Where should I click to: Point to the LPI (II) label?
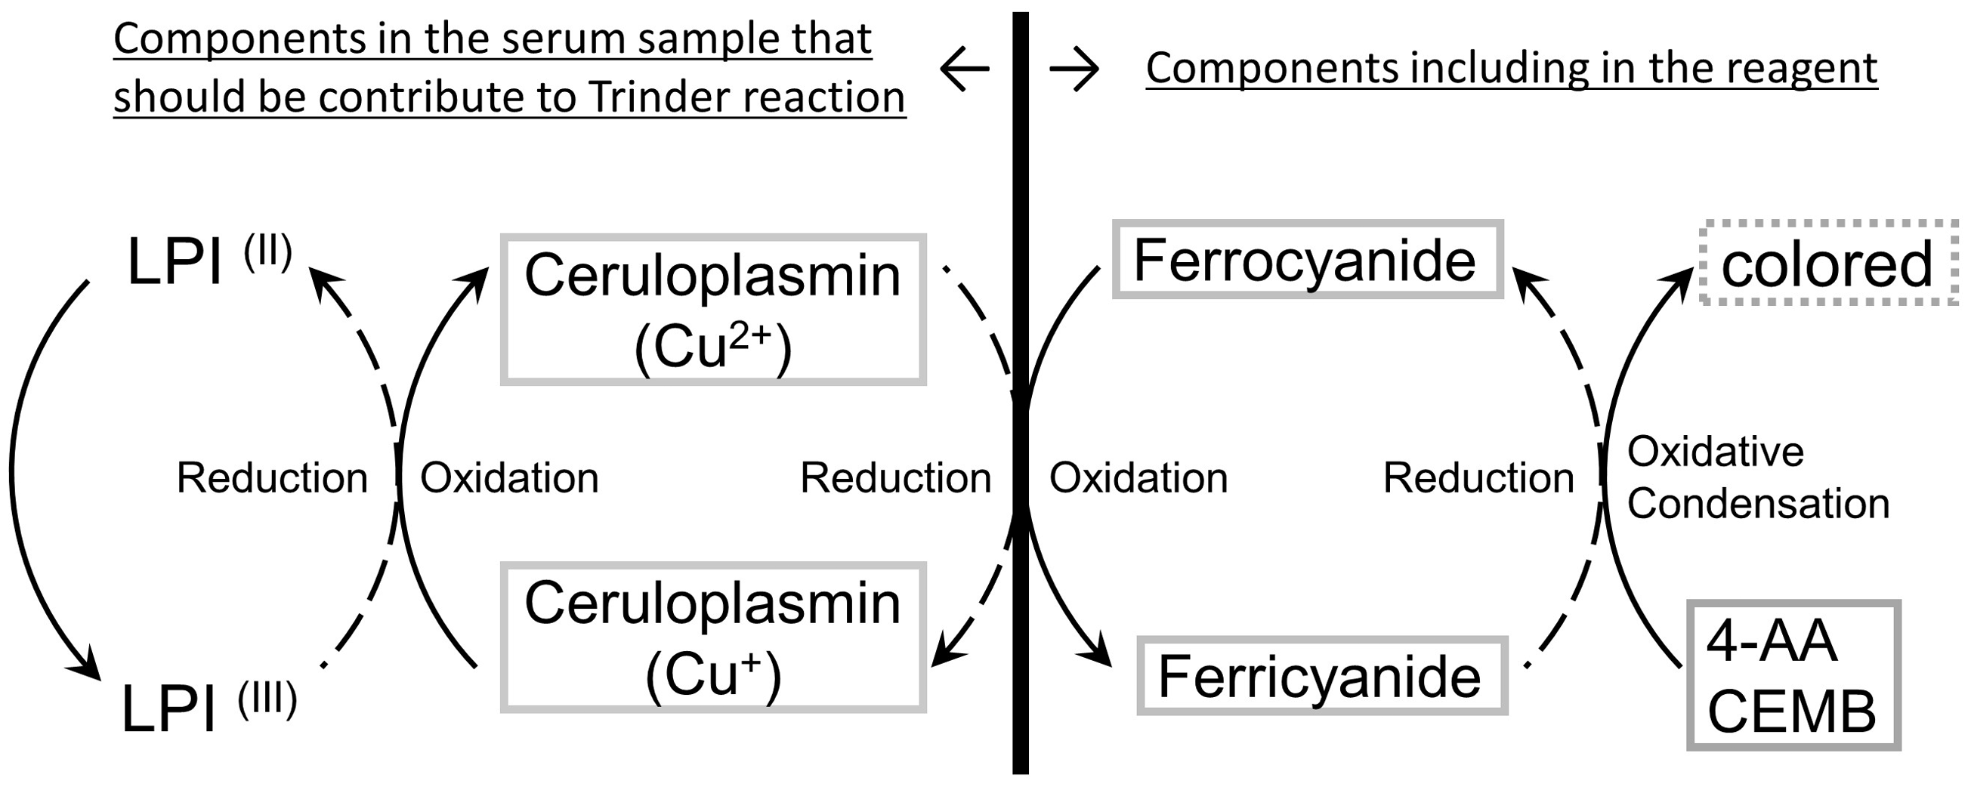tap(209, 261)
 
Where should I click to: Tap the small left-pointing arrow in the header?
tap(964, 69)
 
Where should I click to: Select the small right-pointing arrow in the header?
tap(1074, 69)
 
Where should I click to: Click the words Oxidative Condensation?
tap(1757, 477)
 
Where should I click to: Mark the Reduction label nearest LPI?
tap(273, 478)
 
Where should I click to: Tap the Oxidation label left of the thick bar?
tap(510, 478)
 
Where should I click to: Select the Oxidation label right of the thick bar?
tap(1138, 478)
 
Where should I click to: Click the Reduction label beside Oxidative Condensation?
tap(1479, 478)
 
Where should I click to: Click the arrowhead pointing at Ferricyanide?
tap(1095, 650)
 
